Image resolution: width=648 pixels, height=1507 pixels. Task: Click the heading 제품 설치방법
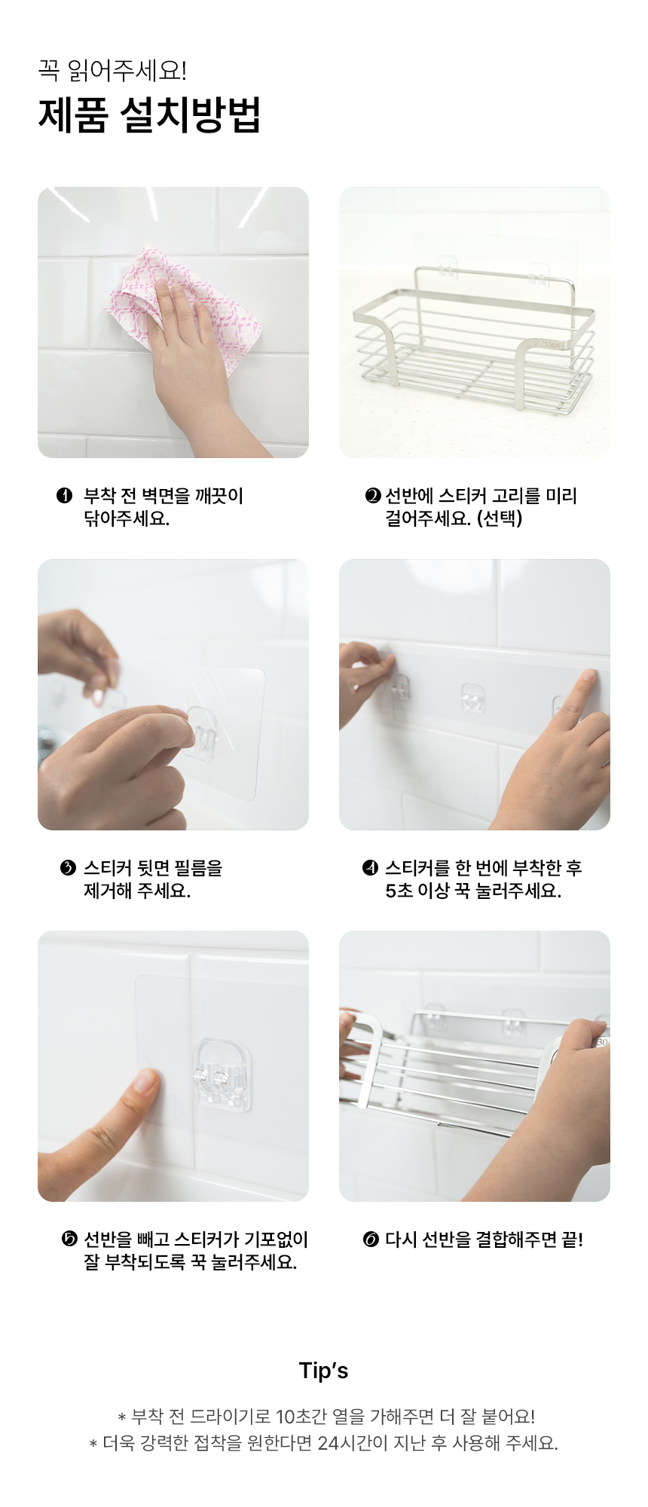[x=149, y=115]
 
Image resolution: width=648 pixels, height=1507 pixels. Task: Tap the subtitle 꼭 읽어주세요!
[x=112, y=71]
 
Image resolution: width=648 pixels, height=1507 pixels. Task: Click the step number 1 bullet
[x=64, y=496]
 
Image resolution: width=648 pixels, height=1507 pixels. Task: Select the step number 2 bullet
[x=373, y=496]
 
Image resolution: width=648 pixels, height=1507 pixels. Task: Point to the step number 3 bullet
[x=68, y=868]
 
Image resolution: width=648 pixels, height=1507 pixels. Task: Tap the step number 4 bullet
[x=370, y=868]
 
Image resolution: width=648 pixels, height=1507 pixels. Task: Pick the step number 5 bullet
[x=69, y=1240]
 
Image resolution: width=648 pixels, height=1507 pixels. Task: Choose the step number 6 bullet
[x=371, y=1240]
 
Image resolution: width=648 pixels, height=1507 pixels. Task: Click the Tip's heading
[x=324, y=1371]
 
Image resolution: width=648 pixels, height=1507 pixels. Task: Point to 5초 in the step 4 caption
[x=399, y=891]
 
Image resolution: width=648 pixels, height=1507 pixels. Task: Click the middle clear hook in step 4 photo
[x=472, y=698]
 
